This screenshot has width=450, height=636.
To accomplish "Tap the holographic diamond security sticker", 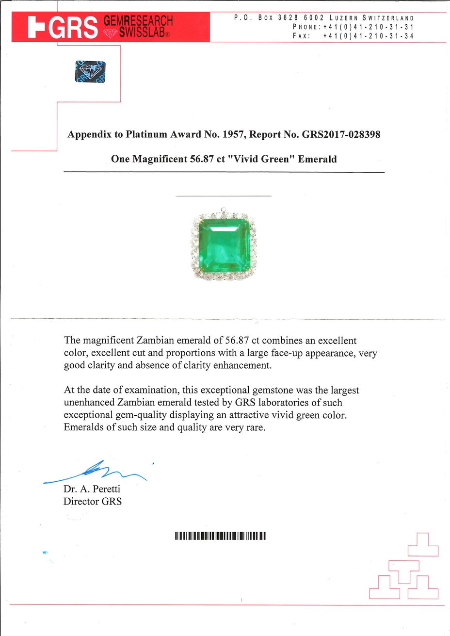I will (90, 71).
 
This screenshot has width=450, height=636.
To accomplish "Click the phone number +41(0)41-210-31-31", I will (368, 27).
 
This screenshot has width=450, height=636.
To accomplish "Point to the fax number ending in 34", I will (368, 36).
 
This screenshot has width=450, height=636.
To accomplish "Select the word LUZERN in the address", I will (344, 18).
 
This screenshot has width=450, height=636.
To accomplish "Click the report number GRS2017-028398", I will (341, 134).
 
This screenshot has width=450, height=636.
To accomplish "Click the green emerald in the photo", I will (224, 245).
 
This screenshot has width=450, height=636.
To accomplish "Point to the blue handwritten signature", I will (97, 472).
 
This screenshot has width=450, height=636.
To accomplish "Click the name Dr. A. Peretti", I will (92, 489).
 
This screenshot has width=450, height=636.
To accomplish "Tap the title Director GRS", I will (93, 501).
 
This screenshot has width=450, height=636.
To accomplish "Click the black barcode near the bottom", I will (221, 536).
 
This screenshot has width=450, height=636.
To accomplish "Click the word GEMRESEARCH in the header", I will (138, 21).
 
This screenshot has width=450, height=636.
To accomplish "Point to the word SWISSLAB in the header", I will (142, 33).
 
